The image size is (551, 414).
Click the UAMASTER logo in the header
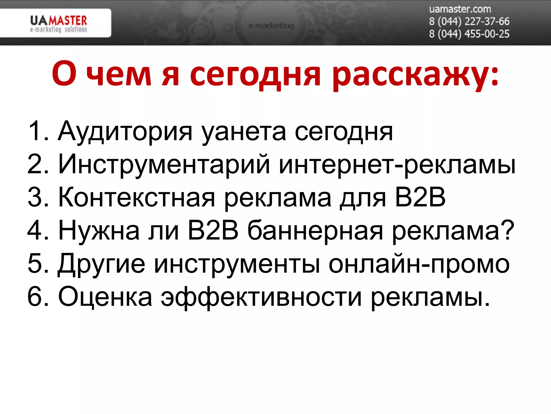pyautogui.click(x=58, y=23)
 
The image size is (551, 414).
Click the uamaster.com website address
pyautogui.click(x=460, y=9)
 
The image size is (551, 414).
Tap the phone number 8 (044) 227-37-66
pyautogui.click(x=469, y=21)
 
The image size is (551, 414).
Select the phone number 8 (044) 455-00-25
pyautogui.click(x=469, y=34)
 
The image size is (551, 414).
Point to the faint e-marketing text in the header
pyautogui.click(x=271, y=26)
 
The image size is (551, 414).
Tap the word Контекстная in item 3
pyautogui.click(x=137, y=198)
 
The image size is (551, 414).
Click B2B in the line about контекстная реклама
pyautogui.click(x=420, y=197)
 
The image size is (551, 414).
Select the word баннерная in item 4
pyautogui.click(x=315, y=231)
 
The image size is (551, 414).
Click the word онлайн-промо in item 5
pyautogui.click(x=419, y=264)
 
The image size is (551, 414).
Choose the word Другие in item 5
pyautogui.click(x=101, y=264)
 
